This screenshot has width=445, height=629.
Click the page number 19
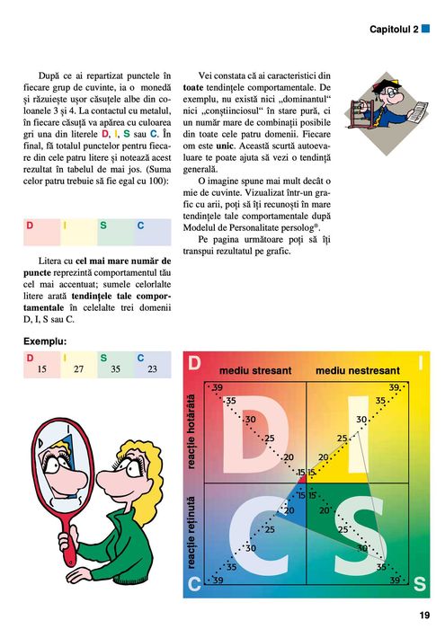click(424, 616)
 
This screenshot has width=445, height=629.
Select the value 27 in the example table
click(78, 369)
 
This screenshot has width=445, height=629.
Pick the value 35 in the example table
click(115, 369)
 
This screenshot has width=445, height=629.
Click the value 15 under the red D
click(41, 369)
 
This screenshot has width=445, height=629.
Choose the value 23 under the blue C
click(152, 369)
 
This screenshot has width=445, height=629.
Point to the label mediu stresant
click(251, 370)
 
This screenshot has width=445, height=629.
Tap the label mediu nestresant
click(358, 370)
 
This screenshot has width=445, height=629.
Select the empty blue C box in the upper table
click(152, 232)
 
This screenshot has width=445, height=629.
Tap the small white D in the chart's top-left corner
click(194, 362)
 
